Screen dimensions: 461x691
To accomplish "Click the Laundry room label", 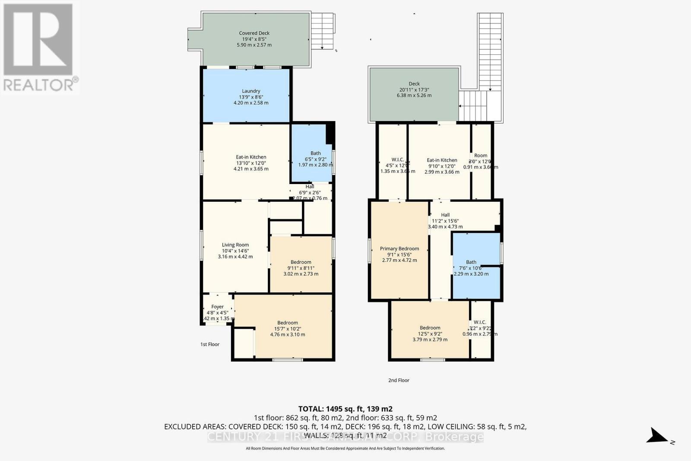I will coord(251,91).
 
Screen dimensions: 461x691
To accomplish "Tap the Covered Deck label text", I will coord(254,33).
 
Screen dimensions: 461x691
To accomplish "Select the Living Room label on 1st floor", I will coord(235,245).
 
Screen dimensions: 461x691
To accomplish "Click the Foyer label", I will coord(217,307).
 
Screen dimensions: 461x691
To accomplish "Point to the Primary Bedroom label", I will coord(399,249).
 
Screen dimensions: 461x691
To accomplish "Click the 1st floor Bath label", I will coord(316,153).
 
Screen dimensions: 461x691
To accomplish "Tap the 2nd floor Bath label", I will coord(471,262).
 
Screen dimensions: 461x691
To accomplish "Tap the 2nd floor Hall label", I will coord(445,215).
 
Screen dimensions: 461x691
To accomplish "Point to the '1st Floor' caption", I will coord(210,344).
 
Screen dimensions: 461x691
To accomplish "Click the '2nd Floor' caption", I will coord(399,380).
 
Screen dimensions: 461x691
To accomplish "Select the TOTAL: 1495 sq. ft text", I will coord(345,409).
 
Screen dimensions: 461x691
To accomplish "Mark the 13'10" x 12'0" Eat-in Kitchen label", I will coord(251,157).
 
